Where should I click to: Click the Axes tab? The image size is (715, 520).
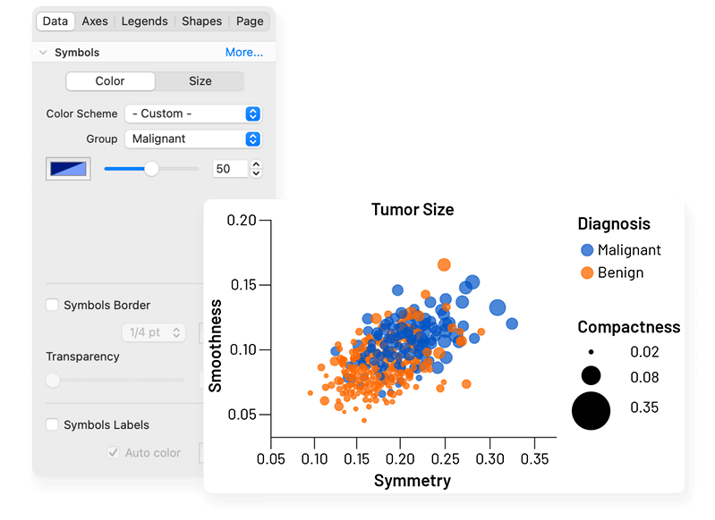point(95,21)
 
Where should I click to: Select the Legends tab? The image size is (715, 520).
point(144,21)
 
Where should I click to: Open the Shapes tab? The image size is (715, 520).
point(201,21)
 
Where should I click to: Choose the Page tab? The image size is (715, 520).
point(250,21)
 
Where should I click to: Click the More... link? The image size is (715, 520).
point(244,53)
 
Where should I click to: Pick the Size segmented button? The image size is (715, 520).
point(200,81)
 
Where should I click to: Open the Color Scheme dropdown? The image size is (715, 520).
point(192,113)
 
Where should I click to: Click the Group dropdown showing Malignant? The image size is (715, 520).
point(192,138)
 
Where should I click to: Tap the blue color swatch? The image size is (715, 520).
point(68,168)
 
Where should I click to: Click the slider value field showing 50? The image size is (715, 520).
point(230,168)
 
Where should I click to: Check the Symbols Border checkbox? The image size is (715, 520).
point(52,306)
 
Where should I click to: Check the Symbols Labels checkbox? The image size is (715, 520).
point(52,425)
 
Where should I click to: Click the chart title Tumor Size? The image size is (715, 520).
point(413,210)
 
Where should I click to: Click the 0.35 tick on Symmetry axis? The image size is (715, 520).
point(534,458)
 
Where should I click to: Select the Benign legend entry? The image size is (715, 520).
point(620,273)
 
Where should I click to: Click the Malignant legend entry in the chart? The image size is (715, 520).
point(629,250)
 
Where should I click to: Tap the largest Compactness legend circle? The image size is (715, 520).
point(592,410)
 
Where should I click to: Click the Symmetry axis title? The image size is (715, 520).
point(413,481)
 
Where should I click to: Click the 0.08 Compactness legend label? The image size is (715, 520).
point(643,377)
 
